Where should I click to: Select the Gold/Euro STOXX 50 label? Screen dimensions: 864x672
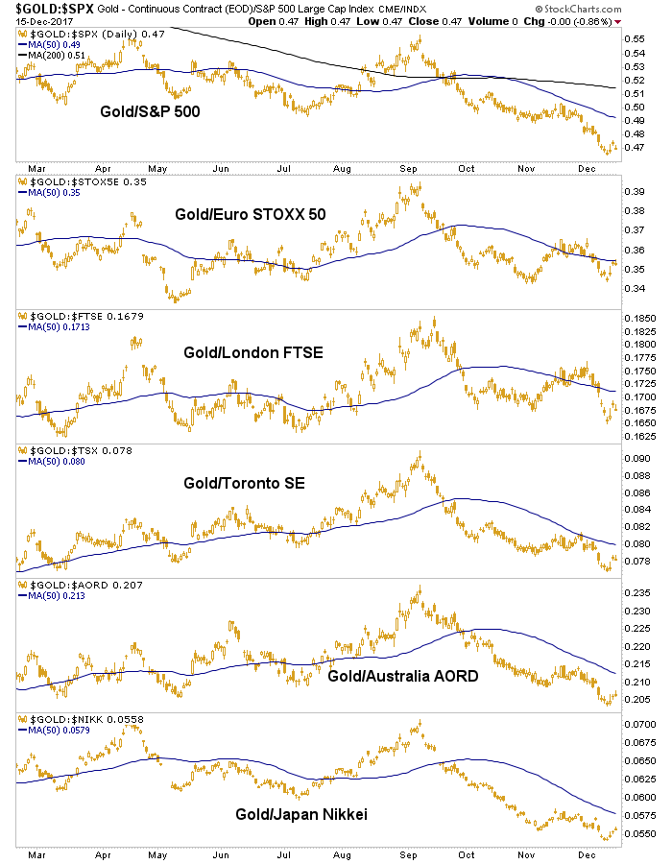click(250, 214)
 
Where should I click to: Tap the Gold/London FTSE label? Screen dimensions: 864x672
click(253, 352)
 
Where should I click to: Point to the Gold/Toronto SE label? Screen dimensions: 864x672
click(245, 484)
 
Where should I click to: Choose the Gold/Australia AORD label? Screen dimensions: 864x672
click(404, 676)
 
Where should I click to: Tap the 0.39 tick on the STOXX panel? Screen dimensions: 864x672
click(634, 191)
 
